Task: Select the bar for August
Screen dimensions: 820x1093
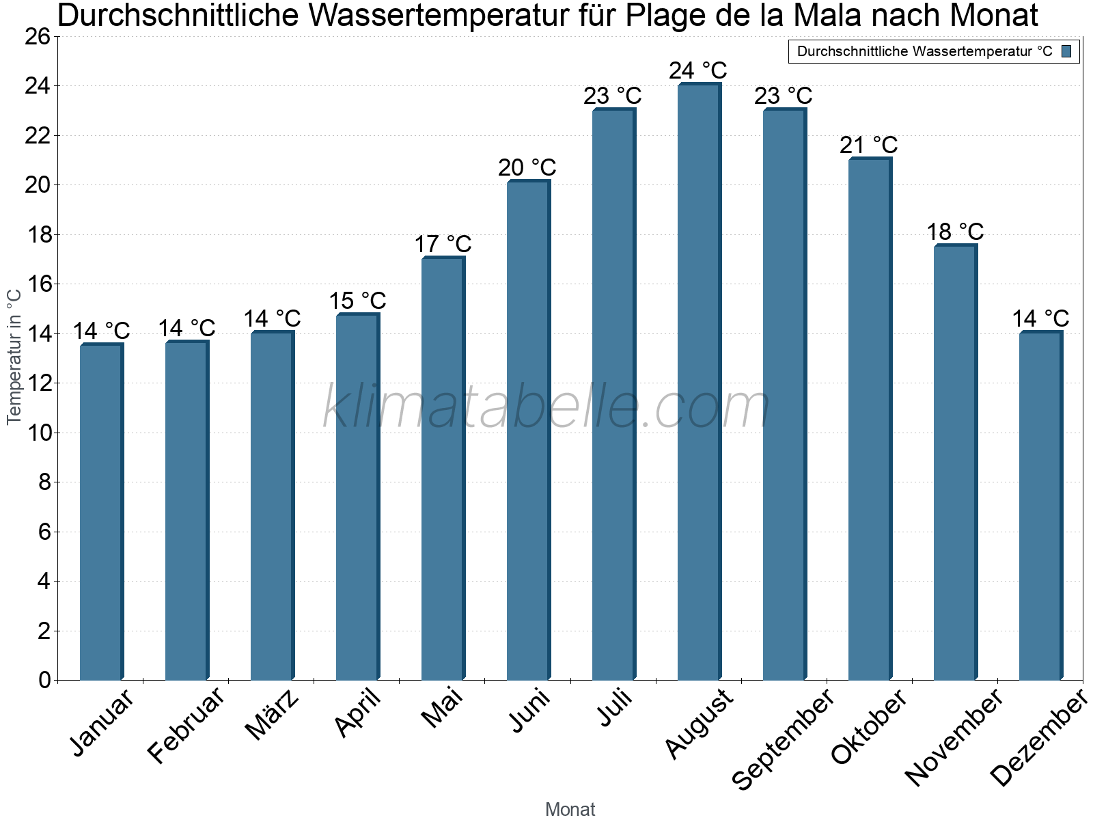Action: pos(698,383)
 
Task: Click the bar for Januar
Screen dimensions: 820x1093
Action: pos(100,512)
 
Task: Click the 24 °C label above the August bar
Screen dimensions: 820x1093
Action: pos(698,71)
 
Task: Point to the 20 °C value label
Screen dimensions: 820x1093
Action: pos(527,168)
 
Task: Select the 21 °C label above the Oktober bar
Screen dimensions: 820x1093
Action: pos(869,146)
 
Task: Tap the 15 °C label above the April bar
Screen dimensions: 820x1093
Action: pos(357,301)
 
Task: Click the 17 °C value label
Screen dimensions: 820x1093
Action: pos(443,245)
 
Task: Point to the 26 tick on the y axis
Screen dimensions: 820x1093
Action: pos(38,37)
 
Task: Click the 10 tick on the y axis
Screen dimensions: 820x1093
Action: pos(38,433)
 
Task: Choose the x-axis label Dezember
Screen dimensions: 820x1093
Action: pos(1039,738)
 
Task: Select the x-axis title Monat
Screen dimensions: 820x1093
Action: pos(570,810)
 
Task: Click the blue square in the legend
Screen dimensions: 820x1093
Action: pos(1067,51)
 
